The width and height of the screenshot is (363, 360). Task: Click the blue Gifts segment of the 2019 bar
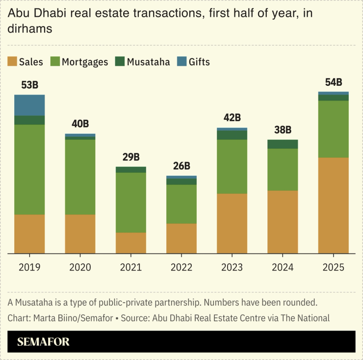29,105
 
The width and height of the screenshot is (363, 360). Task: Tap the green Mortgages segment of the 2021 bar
131,202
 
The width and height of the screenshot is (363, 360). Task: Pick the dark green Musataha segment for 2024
283,144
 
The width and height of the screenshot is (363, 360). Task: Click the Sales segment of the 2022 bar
181,238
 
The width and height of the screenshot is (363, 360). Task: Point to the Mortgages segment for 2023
232,166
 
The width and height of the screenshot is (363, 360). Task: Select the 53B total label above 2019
29,85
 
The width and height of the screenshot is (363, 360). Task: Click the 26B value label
181,166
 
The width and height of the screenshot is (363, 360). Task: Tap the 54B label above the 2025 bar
334,82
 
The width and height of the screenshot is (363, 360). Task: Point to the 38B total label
283,130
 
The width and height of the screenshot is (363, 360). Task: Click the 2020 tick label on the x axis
80,267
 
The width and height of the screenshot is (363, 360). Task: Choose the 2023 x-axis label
232,267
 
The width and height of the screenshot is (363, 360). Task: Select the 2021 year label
131,267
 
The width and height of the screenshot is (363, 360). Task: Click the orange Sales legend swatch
12,61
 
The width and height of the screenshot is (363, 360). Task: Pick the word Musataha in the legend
148,62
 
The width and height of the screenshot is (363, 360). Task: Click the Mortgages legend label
85,62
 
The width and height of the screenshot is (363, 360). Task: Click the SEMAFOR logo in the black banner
43,342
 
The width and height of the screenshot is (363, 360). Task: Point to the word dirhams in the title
30,29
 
